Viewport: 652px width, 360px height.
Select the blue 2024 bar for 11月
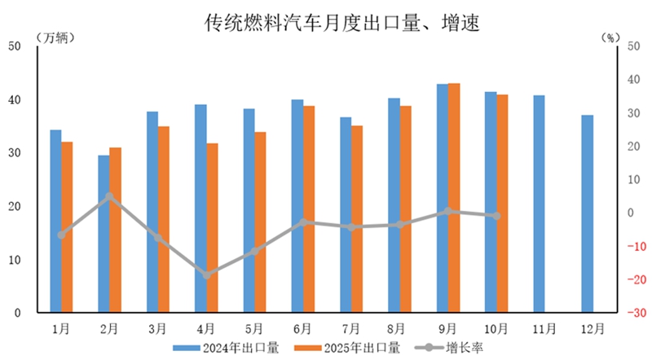pos(539,204)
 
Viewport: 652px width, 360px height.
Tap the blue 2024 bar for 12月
pos(588,213)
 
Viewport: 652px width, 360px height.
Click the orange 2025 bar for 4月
pos(212,228)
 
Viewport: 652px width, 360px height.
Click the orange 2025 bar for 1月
pos(67,227)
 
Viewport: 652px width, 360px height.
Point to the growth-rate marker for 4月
pos(206,275)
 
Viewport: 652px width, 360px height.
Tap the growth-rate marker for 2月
pos(109,196)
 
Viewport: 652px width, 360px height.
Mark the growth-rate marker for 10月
pos(496,216)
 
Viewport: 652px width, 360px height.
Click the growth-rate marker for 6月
pos(303,222)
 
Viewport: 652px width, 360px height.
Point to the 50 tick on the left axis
pos(14,46)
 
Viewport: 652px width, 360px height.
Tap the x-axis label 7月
pos(351,330)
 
